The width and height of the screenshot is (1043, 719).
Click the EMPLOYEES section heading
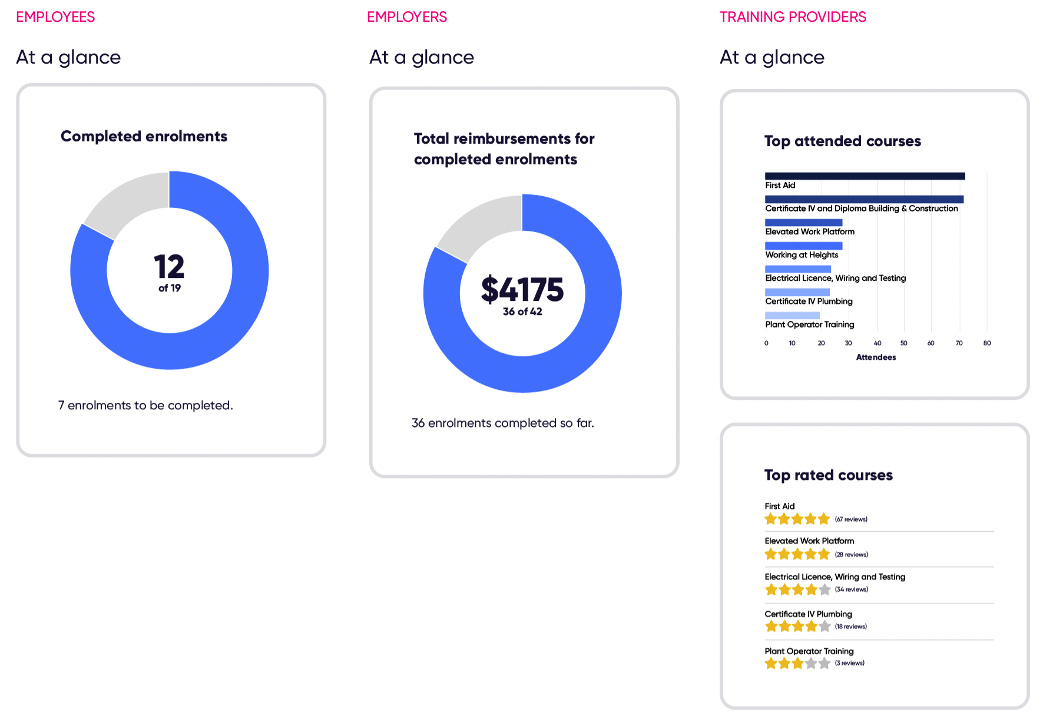pyautogui.click(x=55, y=17)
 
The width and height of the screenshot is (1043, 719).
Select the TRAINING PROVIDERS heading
pyautogui.click(x=793, y=17)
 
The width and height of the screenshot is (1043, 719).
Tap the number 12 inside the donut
pyautogui.click(x=169, y=267)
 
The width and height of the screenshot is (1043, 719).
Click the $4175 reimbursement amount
pyautogui.click(x=522, y=290)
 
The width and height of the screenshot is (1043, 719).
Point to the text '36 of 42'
pyautogui.click(x=522, y=312)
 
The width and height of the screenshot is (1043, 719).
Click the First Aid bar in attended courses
pyautogui.click(x=865, y=176)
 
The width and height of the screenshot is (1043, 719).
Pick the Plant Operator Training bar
pyautogui.click(x=792, y=316)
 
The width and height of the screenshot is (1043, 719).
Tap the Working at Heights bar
pyautogui.click(x=803, y=246)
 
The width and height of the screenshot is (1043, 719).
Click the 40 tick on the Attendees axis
pyautogui.click(x=878, y=343)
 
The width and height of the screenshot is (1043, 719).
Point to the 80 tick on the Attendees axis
pyautogui.click(x=987, y=343)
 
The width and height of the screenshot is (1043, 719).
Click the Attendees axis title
pyautogui.click(x=876, y=357)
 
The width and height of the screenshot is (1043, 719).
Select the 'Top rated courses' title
pyautogui.click(x=828, y=475)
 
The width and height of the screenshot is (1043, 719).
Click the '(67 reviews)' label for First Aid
pyautogui.click(x=851, y=519)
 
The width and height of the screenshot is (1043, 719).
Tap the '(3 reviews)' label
pyautogui.click(x=850, y=663)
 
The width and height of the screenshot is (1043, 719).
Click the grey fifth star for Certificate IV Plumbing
pyautogui.click(x=825, y=626)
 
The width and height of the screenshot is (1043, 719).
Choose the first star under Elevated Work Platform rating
pyautogui.click(x=771, y=554)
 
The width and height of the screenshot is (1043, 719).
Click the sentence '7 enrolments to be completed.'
pyautogui.click(x=145, y=405)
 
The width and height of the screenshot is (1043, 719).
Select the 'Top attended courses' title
pyautogui.click(x=842, y=141)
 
